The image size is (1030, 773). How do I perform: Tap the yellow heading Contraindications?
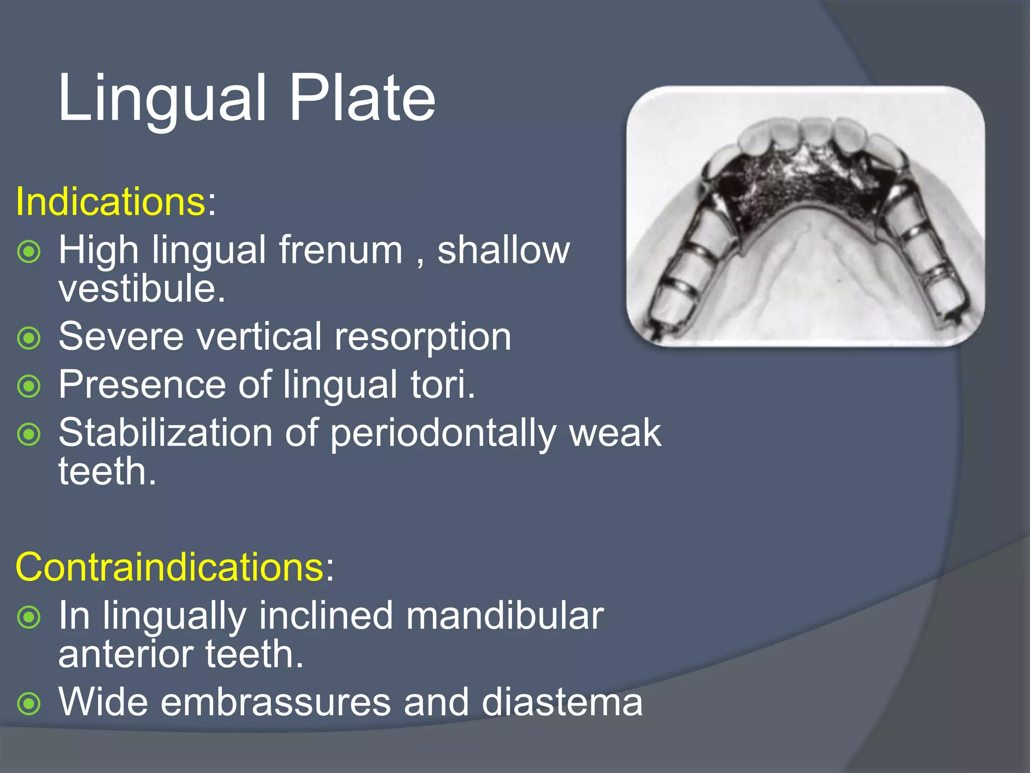(169, 568)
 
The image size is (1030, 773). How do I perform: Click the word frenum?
(341, 250)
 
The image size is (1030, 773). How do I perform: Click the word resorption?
(422, 337)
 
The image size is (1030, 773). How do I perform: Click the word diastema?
(562, 703)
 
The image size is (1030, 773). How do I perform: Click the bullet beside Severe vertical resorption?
(29, 338)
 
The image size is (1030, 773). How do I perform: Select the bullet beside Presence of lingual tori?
(29, 386)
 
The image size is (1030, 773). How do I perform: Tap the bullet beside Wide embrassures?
(29, 704)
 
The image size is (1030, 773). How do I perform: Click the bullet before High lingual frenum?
(29, 252)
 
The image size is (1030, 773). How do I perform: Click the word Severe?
(121, 337)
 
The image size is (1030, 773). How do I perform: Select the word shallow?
(503, 250)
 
